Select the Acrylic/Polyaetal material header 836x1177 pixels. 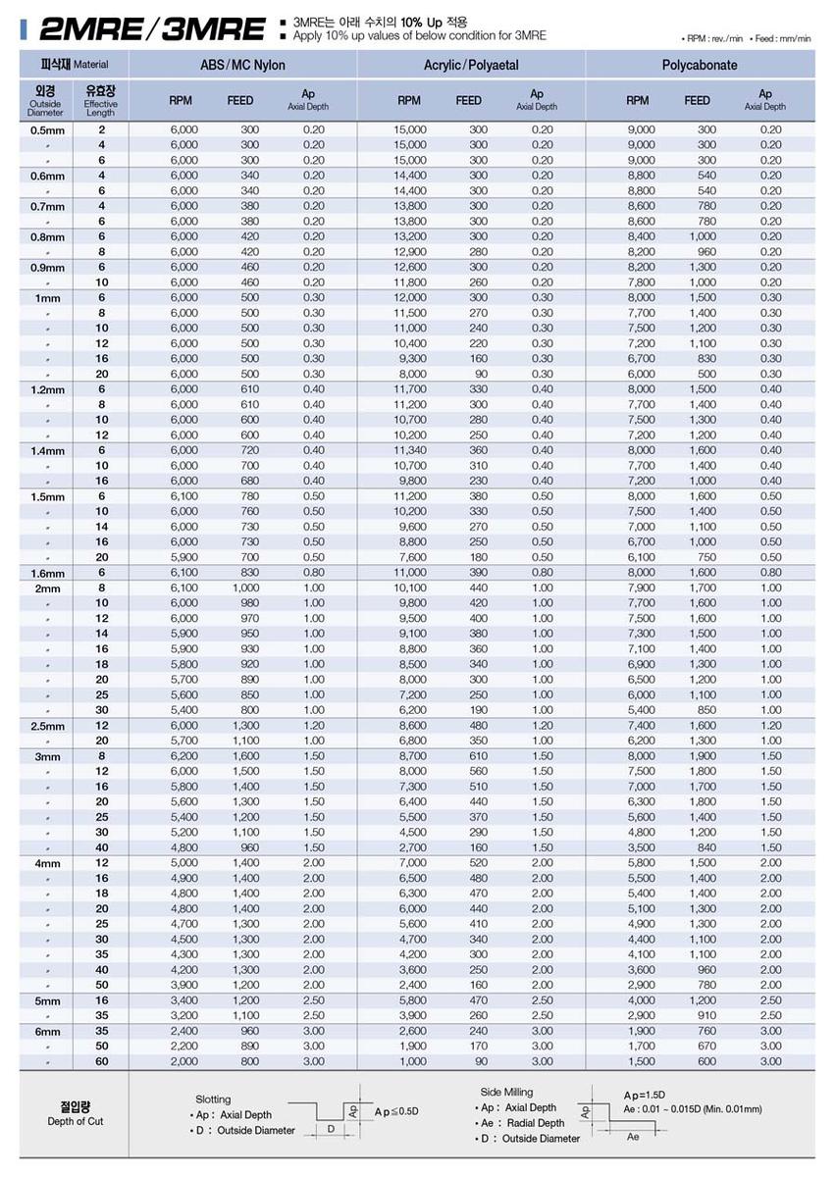point(471,66)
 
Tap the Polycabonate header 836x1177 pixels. point(700,66)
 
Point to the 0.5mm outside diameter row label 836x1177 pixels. point(46,129)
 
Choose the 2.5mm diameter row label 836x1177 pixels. point(46,726)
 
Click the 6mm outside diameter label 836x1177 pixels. point(46,1032)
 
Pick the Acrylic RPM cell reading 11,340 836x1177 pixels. point(410,450)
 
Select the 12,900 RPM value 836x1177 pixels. point(410,252)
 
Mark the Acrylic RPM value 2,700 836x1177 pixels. point(410,847)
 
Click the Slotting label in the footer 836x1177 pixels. point(214,1100)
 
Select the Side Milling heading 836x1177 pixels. point(507,1092)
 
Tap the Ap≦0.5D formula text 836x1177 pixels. point(395,1111)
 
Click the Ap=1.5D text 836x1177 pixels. point(645,1094)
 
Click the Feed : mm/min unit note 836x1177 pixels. point(781,38)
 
